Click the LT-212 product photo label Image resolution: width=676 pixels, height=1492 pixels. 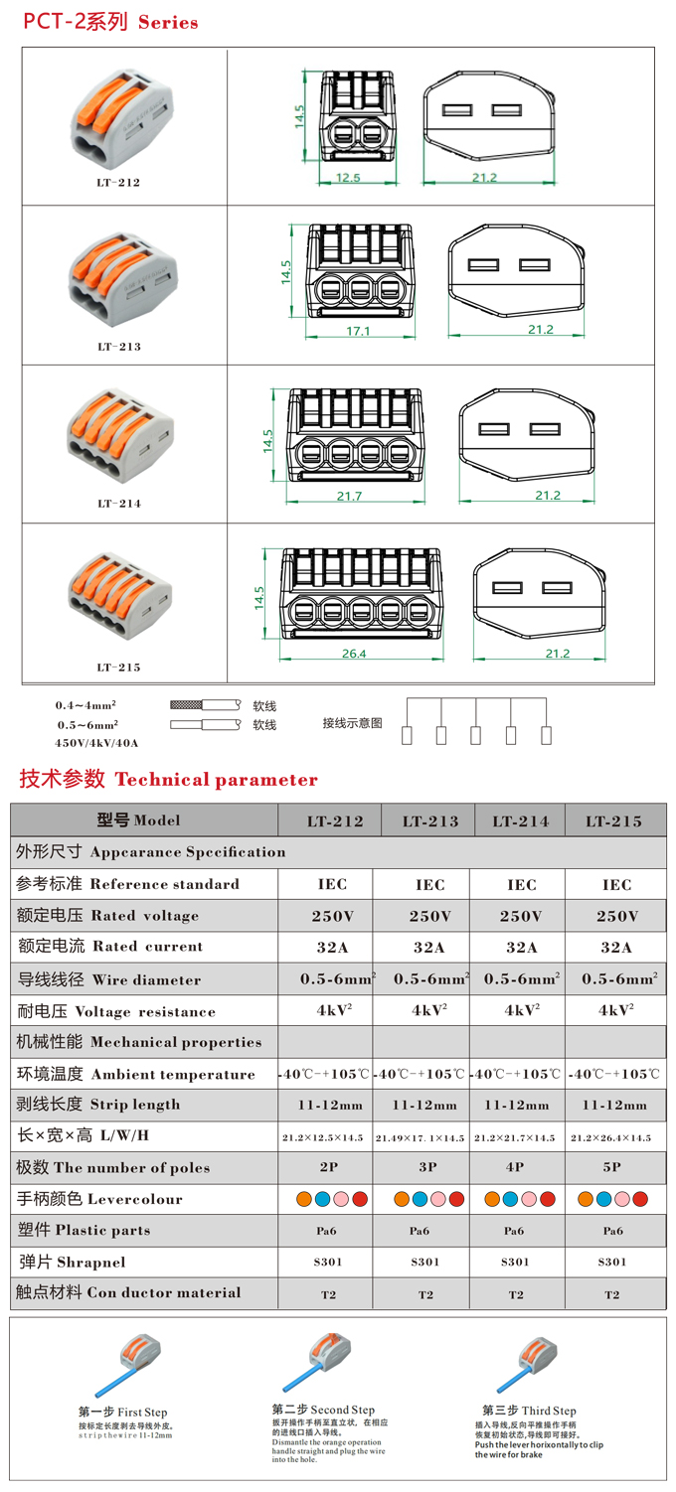[118, 183]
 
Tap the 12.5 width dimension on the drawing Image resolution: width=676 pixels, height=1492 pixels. [348, 178]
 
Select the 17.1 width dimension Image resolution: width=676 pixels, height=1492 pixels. [358, 331]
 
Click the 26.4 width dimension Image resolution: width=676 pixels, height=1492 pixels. [354, 654]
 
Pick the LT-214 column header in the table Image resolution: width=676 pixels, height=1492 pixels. [520, 821]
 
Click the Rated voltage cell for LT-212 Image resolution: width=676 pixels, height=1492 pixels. [332, 916]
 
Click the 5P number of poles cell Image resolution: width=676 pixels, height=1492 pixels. [612, 1168]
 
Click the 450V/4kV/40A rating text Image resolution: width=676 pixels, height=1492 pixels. [97, 742]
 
